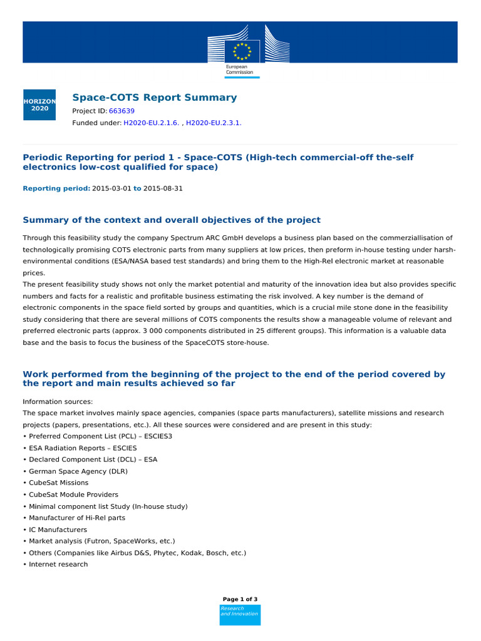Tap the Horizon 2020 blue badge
39,105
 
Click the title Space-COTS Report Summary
155,98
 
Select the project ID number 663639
122,111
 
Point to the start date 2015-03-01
111,188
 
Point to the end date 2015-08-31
163,188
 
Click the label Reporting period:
56,188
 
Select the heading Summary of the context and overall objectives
172,220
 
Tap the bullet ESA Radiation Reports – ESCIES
82,448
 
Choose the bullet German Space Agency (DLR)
77,471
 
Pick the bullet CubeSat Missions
58,483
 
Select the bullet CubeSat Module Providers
73,495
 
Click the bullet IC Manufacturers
57,530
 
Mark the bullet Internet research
58,564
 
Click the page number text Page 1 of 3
240,599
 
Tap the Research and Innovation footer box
240,615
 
